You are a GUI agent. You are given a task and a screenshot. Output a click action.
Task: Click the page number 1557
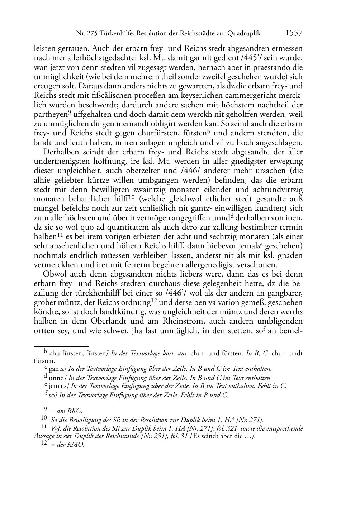tap(294, 33)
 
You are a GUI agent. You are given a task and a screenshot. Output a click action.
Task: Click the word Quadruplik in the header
tap(243, 34)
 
